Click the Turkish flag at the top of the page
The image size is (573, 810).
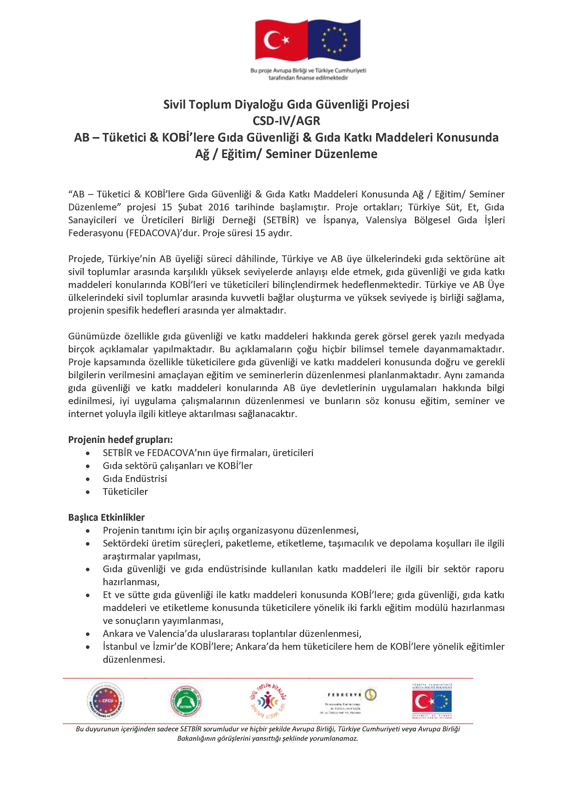tap(281, 40)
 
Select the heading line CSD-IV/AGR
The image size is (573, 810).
tap(286, 121)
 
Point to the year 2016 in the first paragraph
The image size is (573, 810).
tap(219, 207)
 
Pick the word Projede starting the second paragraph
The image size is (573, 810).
tap(86, 259)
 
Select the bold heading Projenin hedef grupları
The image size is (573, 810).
tap(120, 440)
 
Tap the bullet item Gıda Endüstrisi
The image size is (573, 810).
tap(135, 479)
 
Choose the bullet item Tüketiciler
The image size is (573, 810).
tap(125, 492)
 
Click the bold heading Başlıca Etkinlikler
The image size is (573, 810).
tap(106, 518)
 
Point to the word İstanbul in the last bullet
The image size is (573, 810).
tap(120, 647)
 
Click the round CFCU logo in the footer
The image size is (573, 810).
tap(106, 701)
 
